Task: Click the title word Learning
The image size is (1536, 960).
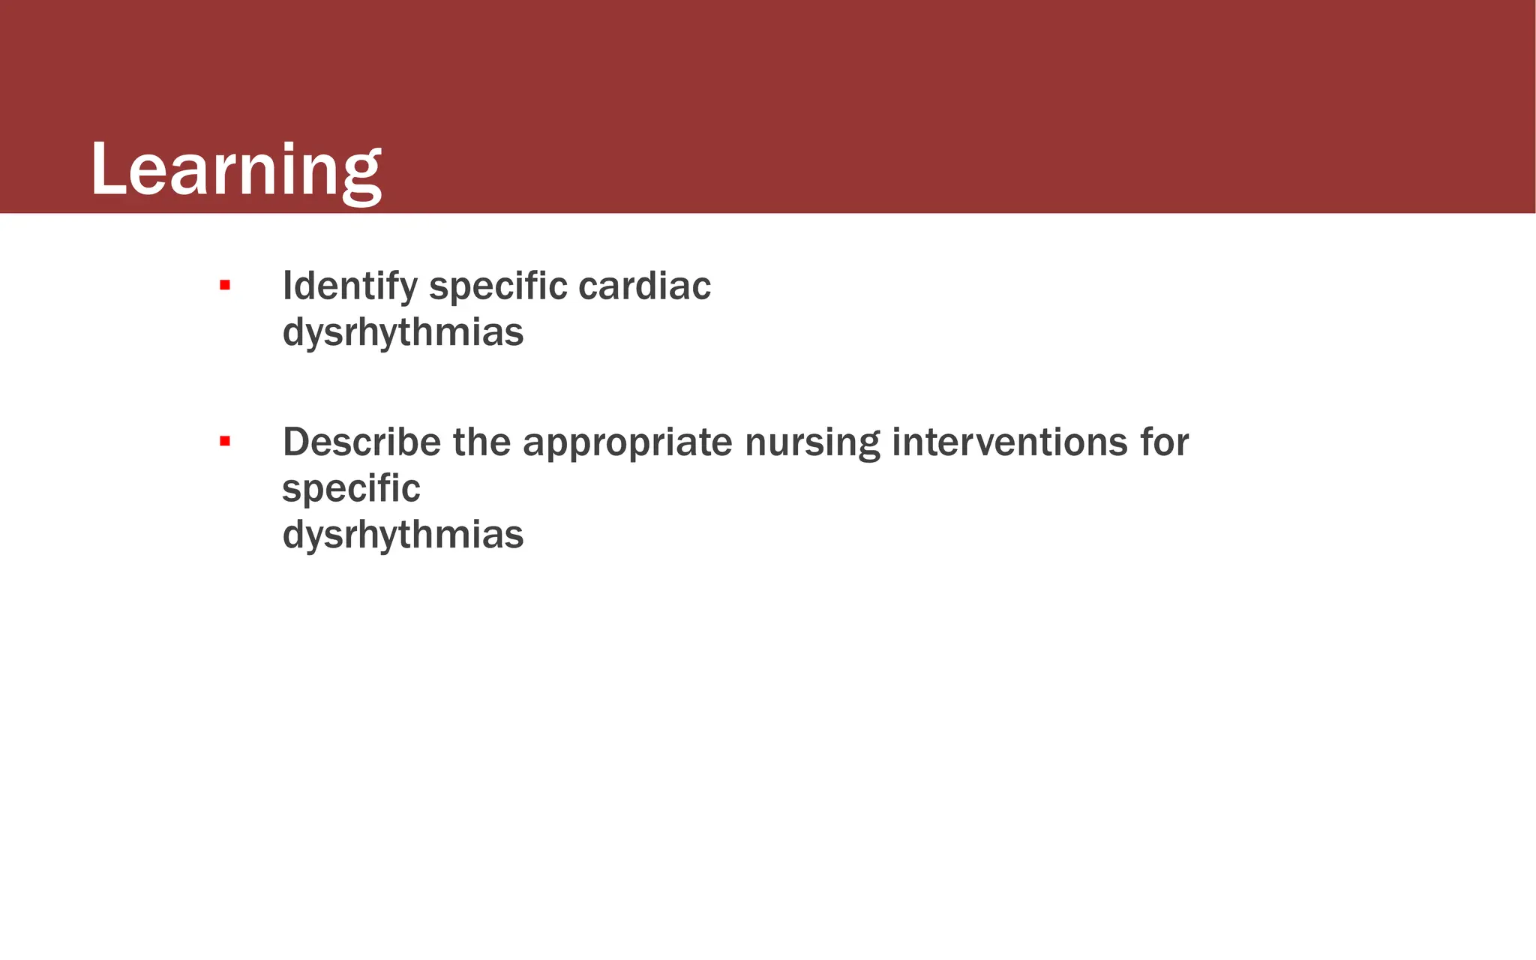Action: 235,171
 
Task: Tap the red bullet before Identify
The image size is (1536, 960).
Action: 224,285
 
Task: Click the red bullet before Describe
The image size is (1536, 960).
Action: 224,441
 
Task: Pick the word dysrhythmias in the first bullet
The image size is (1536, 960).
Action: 403,333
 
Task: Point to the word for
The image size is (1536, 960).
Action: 1164,442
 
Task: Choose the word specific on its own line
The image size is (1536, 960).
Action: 351,490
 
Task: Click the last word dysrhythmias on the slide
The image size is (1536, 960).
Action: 403,535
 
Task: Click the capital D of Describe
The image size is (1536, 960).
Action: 296,442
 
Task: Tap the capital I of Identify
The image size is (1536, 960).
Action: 287,286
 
